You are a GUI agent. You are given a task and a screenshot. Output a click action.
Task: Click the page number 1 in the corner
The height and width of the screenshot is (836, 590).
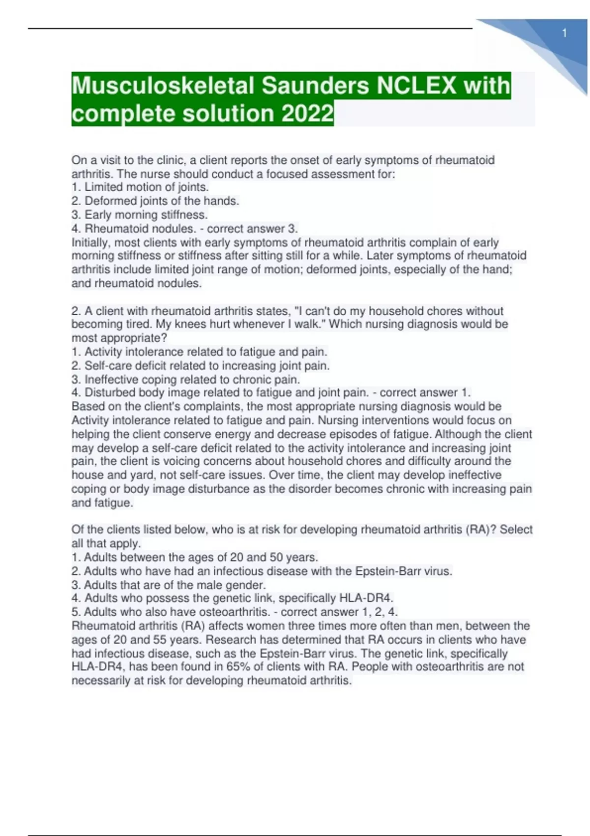[564, 33]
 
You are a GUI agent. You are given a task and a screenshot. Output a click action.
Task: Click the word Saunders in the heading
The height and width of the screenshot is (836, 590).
[315, 86]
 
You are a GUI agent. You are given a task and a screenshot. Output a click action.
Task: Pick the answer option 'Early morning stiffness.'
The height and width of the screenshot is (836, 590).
[140, 215]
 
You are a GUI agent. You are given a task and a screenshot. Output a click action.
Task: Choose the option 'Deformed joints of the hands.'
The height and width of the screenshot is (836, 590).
[155, 201]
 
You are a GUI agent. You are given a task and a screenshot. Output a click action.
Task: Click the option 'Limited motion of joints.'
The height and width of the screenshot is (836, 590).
[140, 187]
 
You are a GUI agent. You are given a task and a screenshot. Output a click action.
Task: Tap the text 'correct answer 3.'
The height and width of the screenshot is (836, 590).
[252, 229]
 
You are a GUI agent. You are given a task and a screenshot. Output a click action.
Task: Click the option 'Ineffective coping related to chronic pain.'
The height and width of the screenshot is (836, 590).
[186, 380]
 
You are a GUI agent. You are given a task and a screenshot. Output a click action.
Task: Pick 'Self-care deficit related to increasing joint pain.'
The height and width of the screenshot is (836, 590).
[201, 366]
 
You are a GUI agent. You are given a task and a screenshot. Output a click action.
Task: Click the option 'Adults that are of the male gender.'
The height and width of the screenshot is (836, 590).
[169, 585]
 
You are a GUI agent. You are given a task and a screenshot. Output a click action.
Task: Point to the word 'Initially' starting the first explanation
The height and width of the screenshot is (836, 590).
[91, 242]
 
